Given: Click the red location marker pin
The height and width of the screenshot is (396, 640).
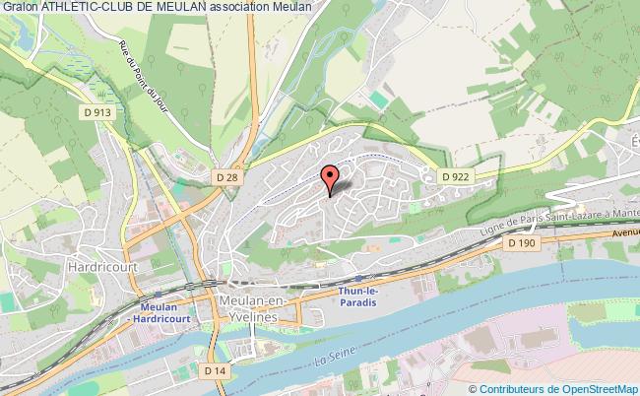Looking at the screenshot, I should coord(331,177).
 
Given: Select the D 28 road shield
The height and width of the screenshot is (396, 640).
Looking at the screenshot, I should coord(226,175).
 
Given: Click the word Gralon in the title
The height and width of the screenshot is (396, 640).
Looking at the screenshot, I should coord(19,7).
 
